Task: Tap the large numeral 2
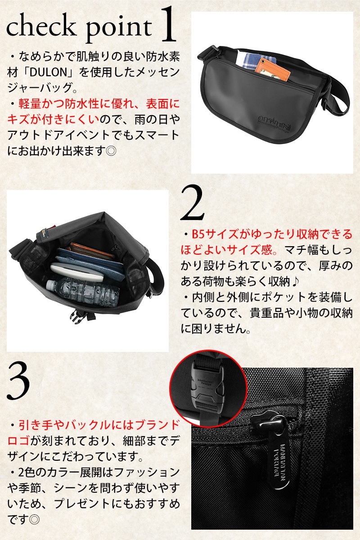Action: (x=192, y=203)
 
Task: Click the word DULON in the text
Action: (x=48, y=72)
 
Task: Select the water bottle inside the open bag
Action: (x=83, y=291)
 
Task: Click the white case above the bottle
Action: (x=77, y=271)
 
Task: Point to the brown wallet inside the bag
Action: (x=92, y=251)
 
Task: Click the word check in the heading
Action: (x=40, y=27)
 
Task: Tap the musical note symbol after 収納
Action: (x=296, y=281)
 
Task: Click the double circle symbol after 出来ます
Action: (x=111, y=151)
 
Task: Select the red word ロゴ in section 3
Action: (x=18, y=441)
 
